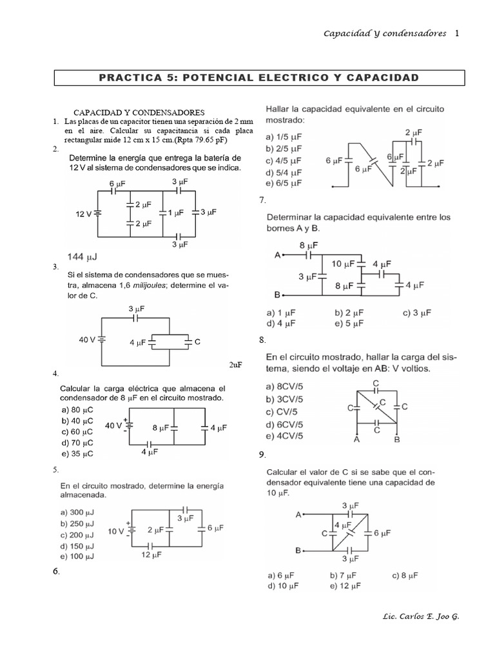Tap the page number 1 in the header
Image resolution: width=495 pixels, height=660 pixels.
[457, 34]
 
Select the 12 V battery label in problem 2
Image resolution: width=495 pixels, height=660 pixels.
[84, 213]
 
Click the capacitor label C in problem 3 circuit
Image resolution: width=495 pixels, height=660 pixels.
[197, 342]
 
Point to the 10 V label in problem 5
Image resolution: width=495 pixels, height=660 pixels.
[117, 531]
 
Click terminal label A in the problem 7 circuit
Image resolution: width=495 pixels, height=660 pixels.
[277, 255]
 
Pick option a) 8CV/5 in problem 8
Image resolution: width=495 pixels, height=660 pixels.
[286, 387]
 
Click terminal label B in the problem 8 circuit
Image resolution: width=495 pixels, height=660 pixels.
[397, 440]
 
